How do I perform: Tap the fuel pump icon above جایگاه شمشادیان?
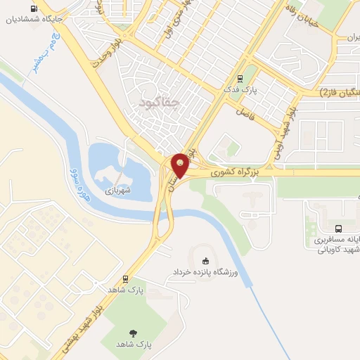pyautogui.click(x=34, y=8)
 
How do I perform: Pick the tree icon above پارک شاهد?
pyautogui.click(x=133, y=333)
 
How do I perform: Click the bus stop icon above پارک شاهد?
pyautogui.click(x=125, y=278)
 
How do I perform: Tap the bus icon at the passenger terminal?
pyautogui.click(x=339, y=228)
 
